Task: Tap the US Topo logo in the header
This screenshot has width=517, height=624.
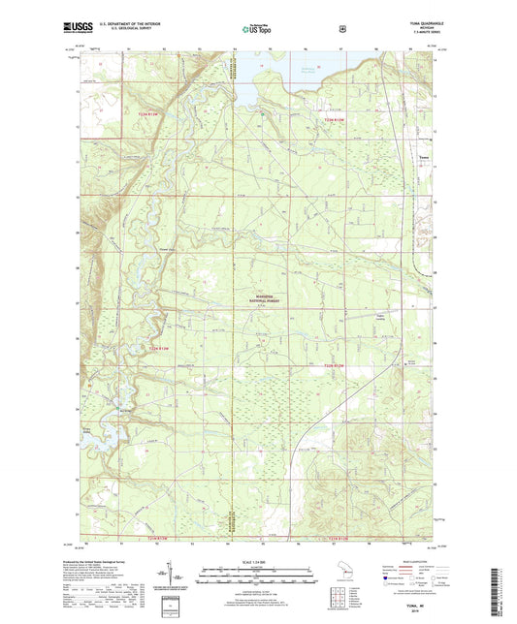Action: click(x=257, y=30)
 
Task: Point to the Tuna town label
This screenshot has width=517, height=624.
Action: click(x=422, y=154)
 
